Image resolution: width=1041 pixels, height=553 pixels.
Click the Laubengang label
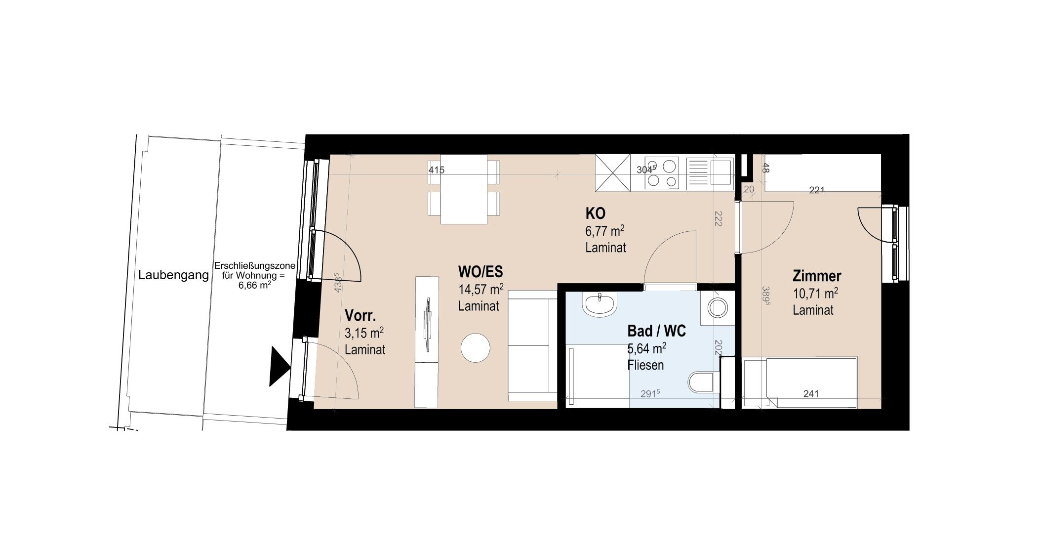point(173,275)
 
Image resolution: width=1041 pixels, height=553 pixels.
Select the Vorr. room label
point(360,315)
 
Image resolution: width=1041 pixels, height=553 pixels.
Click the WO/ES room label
point(480,272)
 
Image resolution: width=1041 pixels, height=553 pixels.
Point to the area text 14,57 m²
point(480,289)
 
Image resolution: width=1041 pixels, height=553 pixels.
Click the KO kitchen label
point(595,213)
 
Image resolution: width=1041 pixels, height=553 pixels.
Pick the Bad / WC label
point(656,331)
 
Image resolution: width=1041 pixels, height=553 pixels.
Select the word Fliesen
point(645,365)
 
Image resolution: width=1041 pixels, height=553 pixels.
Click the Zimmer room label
point(817,276)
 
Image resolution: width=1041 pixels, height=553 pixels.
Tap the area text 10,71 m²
point(815,294)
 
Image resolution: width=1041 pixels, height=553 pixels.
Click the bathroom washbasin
point(600,303)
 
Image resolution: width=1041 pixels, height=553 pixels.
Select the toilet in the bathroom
point(701,382)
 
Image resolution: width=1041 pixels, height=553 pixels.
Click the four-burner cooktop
point(662,172)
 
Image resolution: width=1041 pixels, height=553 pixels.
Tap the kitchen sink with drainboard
point(710,172)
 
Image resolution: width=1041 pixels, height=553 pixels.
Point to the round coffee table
point(475,348)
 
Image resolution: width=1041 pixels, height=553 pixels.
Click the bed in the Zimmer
point(800,383)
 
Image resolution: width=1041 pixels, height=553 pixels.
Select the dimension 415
point(436,170)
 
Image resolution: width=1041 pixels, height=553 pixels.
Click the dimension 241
point(811,394)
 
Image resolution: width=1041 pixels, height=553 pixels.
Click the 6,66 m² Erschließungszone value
point(254,285)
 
